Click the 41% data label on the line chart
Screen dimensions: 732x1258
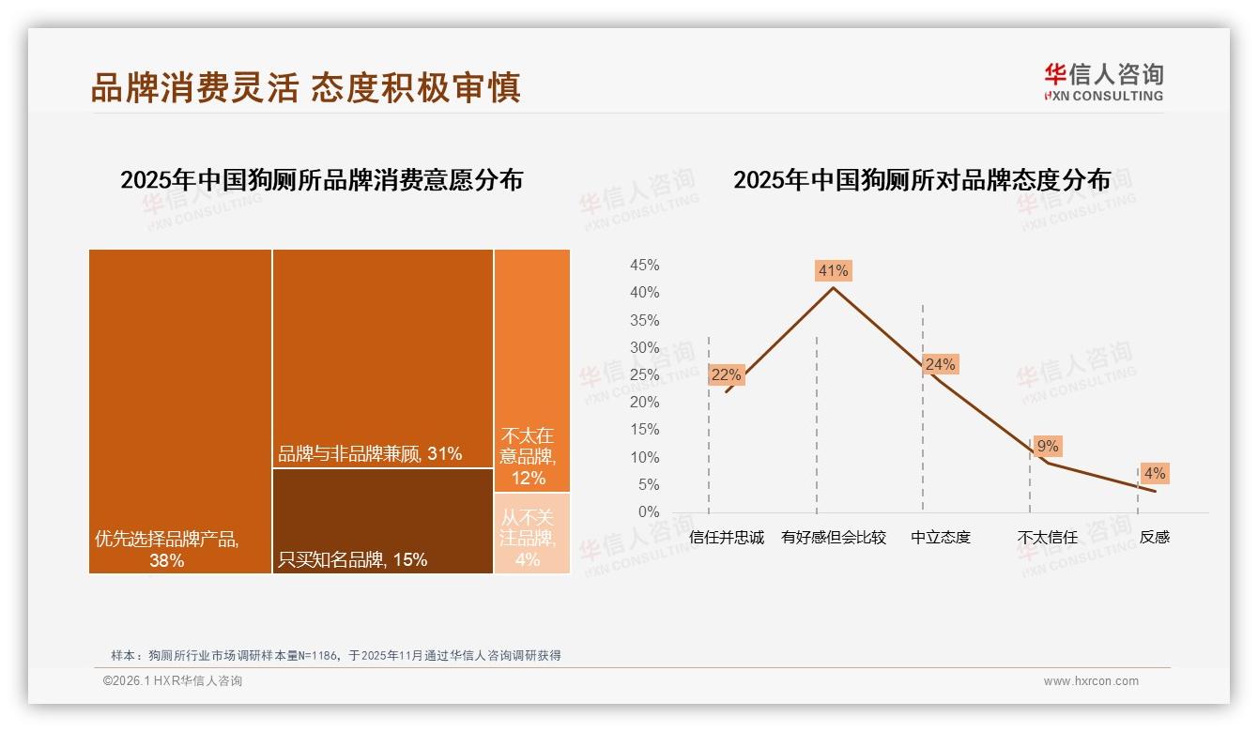tap(833, 270)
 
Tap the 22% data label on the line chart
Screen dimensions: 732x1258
tap(726, 374)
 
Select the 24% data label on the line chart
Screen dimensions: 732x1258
tap(940, 364)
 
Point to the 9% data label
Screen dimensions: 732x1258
tap(1048, 446)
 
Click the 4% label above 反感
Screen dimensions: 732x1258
tap(1154, 473)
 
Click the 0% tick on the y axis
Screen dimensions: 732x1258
tap(648, 511)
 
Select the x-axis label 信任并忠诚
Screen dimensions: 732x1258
tap(726, 538)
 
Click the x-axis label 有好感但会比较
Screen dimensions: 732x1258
tap(833, 538)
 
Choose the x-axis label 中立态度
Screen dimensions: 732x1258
tap(940, 538)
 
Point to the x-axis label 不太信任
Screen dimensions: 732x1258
tap(1047, 538)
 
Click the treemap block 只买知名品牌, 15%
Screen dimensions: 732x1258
tap(383, 521)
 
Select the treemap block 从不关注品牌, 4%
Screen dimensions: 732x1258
tap(532, 533)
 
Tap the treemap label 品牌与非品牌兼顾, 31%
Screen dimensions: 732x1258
tap(370, 454)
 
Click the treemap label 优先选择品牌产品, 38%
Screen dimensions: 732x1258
tap(167, 550)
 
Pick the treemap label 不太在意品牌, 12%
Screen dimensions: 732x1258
tap(529, 457)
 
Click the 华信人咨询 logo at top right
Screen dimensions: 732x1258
tap(1103, 82)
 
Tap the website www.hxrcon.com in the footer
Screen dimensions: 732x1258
tap(1090, 681)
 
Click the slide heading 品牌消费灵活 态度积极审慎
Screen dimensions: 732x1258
tap(305, 87)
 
